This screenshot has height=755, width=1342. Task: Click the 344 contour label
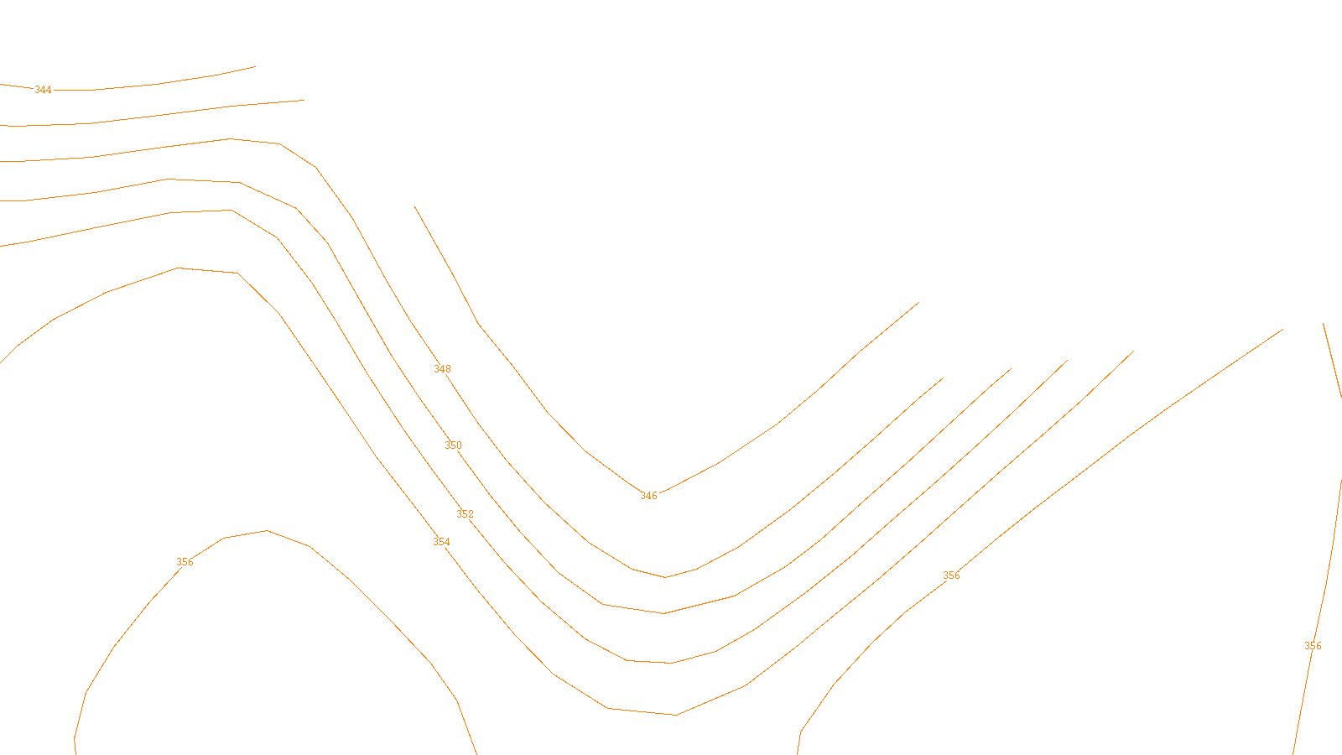(x=43, y=90)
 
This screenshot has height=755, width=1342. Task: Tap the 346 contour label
(x=648, y=496)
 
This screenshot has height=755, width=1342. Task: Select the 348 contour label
(x=442, y=369)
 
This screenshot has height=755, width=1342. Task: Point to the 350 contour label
(x=453, y=445)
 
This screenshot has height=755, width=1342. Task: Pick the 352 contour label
(x=465, y=514)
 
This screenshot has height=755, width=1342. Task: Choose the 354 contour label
(x=441, y=542)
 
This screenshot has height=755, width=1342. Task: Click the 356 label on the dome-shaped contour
(x=185, y=562)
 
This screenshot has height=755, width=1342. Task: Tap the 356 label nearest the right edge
(x=1313, y=646)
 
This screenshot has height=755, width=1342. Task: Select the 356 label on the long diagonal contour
(x=951, y=575)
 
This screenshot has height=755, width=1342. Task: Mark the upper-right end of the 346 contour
(x=919, y=302)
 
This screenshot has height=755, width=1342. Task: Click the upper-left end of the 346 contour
(x=414, y=206)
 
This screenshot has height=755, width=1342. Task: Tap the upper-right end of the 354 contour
(x=1134, y=351)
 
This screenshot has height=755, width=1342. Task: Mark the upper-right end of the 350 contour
(x=1012, y=368)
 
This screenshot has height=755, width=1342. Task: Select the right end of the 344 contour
(x=255, y=66)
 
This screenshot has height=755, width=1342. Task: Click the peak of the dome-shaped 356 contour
(x=267, y=531)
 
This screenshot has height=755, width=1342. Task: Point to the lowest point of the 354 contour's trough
(x=676, y=715)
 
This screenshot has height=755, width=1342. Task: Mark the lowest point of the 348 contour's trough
(x=666, y=577)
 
